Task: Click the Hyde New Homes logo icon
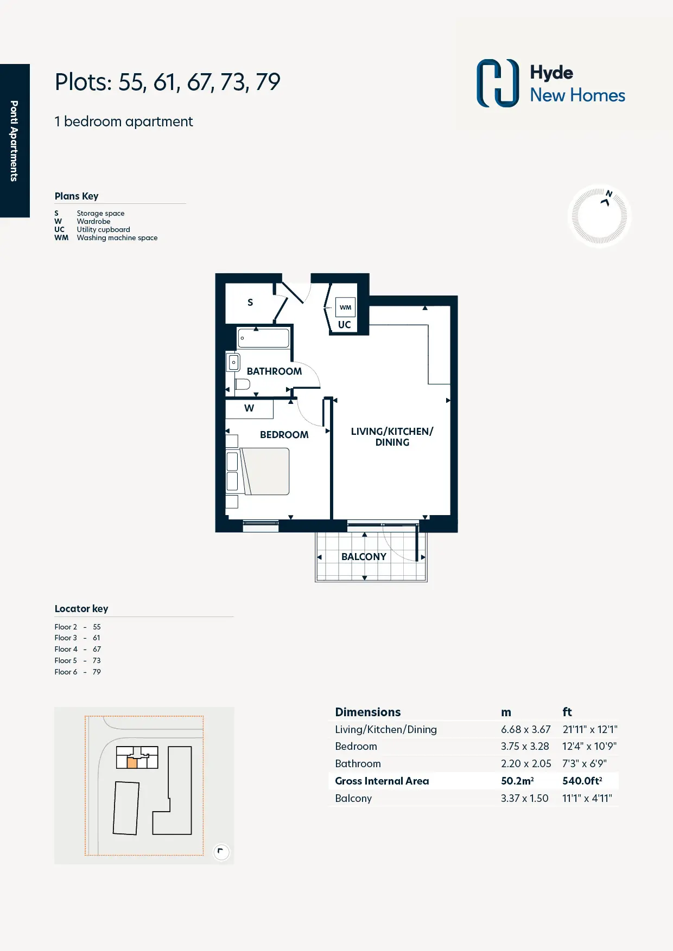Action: click(498, 83)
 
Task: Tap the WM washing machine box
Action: click(345, 307)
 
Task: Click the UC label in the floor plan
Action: click(345, 325)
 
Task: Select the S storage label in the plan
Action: click(250, 303)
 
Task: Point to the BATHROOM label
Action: click(274, 371)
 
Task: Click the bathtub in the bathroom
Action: click(263, 338)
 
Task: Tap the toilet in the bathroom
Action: click(242, 384)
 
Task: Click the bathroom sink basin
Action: click(233, 362)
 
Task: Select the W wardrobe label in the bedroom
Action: click(249, 408)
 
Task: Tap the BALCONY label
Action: click(364, 557)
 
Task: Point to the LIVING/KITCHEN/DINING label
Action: click(392, 436)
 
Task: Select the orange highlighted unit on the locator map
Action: click(132, 763)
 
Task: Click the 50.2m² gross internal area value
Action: click(517, 781)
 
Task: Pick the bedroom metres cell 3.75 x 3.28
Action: click(525, 746)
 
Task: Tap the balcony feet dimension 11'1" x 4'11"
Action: click(587, 798)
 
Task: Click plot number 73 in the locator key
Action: click(97, 660)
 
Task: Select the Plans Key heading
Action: click(77, 196)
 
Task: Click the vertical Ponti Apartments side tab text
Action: click(14, 140)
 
